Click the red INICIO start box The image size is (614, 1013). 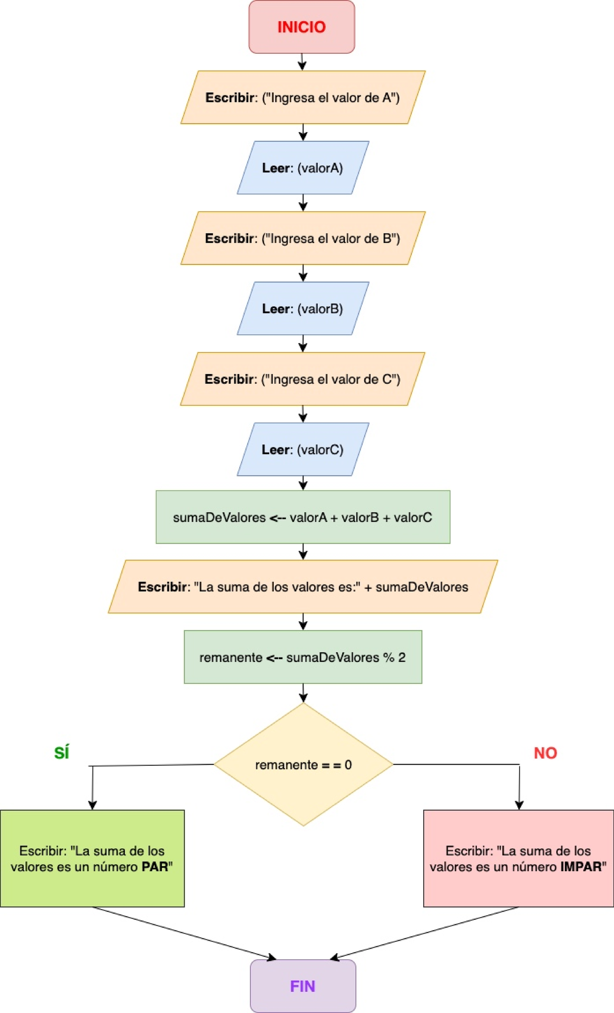(x=301, y=27)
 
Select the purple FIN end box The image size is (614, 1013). (x=302, y=986)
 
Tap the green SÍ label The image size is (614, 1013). (x=61, y=753)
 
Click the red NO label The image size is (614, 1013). (x=545, y=753)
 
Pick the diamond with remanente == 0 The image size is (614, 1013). (x=303, y=765)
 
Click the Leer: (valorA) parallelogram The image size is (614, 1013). (x=302, y=168)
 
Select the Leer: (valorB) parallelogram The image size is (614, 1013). (x=302, y=309)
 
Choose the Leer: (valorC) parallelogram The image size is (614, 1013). (x=302, y=449)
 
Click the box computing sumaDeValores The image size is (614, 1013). (x=302, y=518)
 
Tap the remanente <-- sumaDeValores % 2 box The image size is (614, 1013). (x=302, y=657)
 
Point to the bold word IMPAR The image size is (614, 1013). (x=581, y=867)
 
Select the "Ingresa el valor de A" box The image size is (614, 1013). (x=302, y=97)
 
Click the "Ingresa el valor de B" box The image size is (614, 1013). (x=302, y=238)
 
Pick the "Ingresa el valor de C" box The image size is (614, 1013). (x=302, y=379)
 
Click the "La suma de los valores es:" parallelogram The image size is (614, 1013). (x=302, y=587)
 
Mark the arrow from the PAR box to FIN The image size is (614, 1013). (x=184, y=933)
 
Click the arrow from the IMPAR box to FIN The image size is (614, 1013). (x=425, y=933)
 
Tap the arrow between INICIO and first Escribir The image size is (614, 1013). (x=302, y=62)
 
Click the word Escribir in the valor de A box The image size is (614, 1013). (x=230, y=97)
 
